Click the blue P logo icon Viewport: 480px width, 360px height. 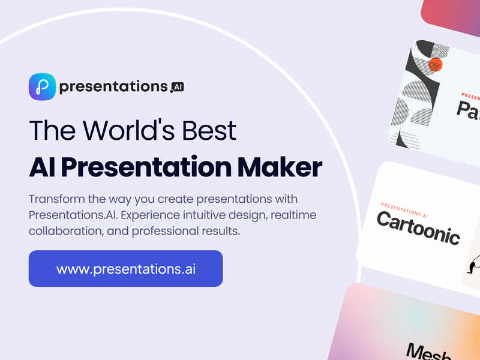click(43, 87)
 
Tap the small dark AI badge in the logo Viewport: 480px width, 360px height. click(177, 87)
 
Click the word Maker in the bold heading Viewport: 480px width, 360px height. click(281, 167)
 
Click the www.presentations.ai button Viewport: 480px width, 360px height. click(126, 268)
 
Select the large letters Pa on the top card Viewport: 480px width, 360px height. click(468, 110)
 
